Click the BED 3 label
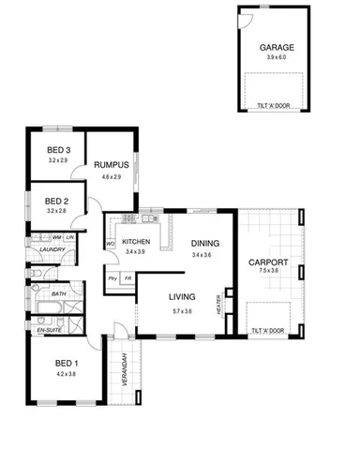(x=58, y=150)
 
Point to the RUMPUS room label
(x=112, y=165)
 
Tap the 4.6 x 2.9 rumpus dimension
(x=112, y=176)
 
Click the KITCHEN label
(x=136, y=241)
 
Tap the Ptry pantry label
(x=112, y=278)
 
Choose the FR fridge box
(x=127, y=278)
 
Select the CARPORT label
(x=270, y=262)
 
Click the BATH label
(x=58, y=294)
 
